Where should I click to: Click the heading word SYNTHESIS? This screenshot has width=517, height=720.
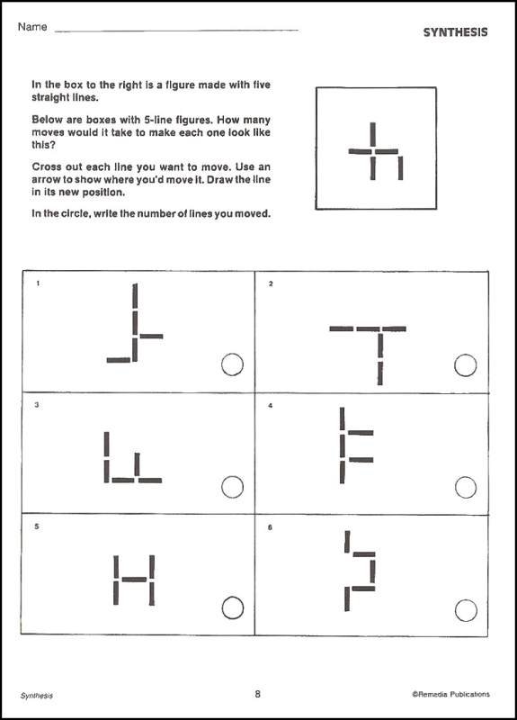click(x=456, y=32)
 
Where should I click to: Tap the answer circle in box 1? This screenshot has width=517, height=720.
click(x=231, y=364)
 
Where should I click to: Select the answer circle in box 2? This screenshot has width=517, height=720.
click(x=466, y=364)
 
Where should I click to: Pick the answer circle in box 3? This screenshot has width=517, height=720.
click(x=231, y=487)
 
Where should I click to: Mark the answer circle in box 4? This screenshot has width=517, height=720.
click(x=466, y=487)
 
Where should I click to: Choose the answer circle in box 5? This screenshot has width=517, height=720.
click(x=231, y=607)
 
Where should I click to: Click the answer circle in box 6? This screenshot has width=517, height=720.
click(x=466, y=609)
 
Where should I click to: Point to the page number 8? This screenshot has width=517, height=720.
click(x=258, y=694)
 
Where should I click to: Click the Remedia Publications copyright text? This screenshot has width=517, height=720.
click(x=451, y=695)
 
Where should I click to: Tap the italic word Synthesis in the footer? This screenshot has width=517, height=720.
click(x=37, y=695)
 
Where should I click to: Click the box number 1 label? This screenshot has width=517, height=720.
click(x=37, y=284)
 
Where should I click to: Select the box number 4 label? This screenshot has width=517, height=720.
click(x=271, y=406)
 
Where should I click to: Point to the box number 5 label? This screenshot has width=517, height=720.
click(x=37, y=526)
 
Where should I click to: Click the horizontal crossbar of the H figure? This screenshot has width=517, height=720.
click(x=134, y=579)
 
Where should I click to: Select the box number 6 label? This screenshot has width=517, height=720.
click(x=271, y=526)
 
